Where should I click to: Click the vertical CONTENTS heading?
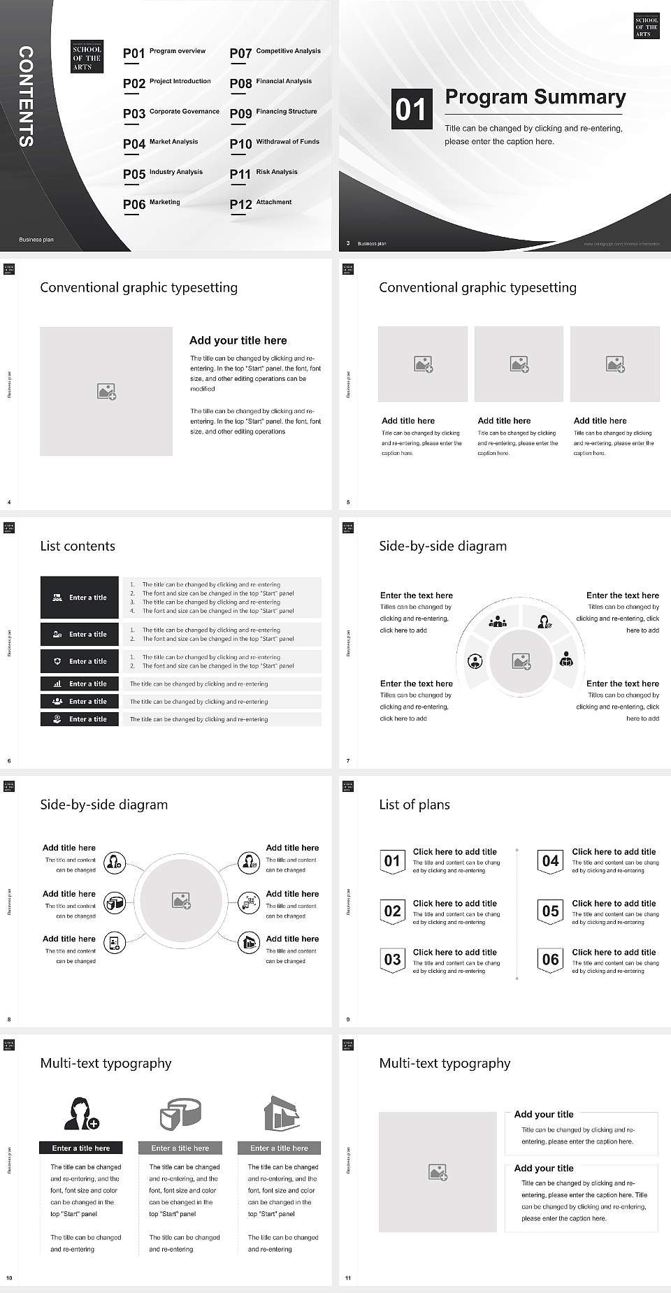pos(26,96)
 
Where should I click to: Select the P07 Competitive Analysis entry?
pos(275,52)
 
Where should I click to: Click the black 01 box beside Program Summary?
pos(410,109)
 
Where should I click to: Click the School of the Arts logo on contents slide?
pos(87,57)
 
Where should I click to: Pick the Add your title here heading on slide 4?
pos(238,340)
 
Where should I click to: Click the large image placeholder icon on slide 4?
pos(106,391)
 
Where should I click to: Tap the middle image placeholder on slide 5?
pos(519,364)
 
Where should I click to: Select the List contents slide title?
pos(78,546)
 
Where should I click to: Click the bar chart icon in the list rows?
pos(57,684)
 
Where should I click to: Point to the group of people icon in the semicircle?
pos(498,621)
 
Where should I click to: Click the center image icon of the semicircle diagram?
pos(521,660)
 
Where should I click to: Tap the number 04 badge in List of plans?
pos(551,861)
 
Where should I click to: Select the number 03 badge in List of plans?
pos(392,960)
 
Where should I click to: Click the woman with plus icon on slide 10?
pos(82,1113)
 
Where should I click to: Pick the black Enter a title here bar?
pos(81,1148)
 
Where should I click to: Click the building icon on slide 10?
pos(281,1113)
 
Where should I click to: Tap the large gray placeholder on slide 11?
pos(438,1172)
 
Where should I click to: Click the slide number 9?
pos(348,1019)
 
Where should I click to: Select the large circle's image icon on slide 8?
pos(182,901)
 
